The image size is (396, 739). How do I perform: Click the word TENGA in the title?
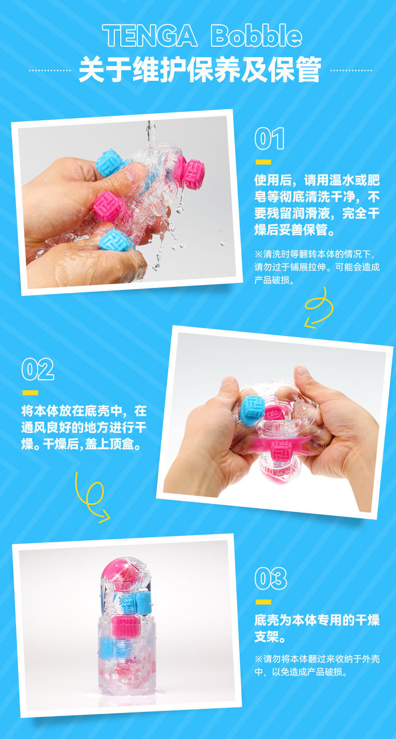(150, 35)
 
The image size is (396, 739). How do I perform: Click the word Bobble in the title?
(257, 35)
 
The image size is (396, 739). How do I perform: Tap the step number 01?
(269, 138)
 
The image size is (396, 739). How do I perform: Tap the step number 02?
(38, 369)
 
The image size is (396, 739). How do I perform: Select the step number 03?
(271, 578)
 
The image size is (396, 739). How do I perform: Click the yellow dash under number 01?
(263, 162)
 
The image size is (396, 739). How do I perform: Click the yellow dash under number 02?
(30, 393)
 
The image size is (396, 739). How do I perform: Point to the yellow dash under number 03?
(263, 602)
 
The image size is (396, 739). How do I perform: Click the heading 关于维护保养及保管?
(200, 70)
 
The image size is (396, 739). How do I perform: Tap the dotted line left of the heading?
(50, 70)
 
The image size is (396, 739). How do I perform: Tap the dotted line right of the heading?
(351, 70)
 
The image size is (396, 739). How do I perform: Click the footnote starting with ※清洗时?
(317, 267)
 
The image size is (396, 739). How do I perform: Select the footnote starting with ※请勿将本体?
(317, 665)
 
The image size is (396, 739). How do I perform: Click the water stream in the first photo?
(151, 130)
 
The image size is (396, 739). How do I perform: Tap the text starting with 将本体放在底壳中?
(84, 427)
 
